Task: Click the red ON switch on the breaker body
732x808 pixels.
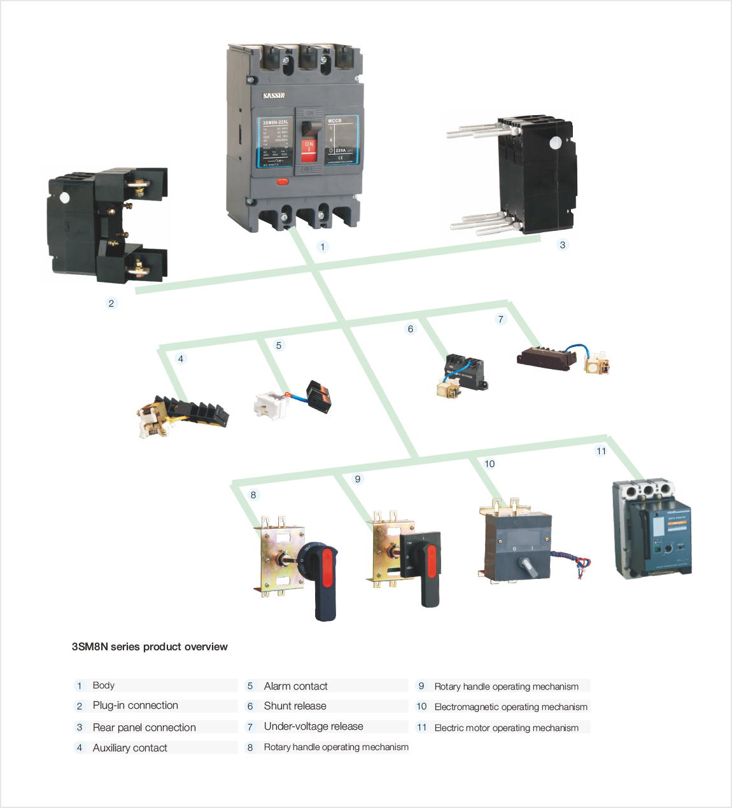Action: (309, 150)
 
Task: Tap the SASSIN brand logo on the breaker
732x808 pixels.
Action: (274, 96)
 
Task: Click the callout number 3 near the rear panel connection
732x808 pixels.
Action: (562, 245)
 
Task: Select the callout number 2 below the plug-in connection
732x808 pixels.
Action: (111, 303)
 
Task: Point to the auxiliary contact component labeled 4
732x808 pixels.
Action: (183, 414)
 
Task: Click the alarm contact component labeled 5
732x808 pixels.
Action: (292, 400)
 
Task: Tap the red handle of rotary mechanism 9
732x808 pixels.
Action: (432, 561)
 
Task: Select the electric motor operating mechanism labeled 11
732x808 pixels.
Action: (652, 529)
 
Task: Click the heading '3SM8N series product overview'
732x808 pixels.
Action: (150, 647)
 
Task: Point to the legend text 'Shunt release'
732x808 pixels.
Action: (295, 706)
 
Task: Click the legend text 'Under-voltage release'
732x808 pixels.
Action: (313, 727)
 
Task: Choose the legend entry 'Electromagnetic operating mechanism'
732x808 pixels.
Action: (510, 707)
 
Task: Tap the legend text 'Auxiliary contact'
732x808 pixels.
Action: (130, 748)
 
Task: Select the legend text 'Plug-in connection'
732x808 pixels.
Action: (135, 706)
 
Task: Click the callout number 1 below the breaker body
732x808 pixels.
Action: (323, 247)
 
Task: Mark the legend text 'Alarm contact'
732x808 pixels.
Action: (295, 686)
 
